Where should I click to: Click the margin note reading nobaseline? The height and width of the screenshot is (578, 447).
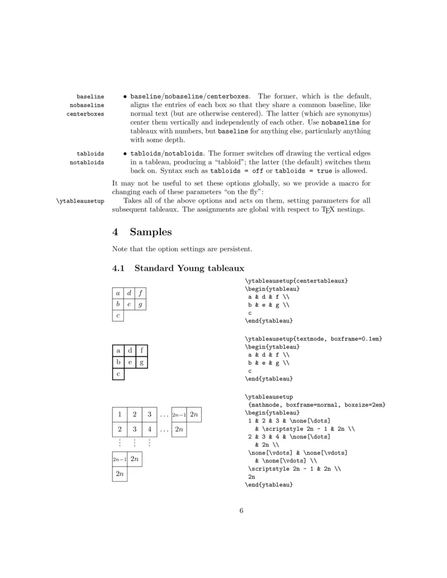point(87,105)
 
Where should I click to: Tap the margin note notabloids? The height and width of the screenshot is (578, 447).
point(87,162)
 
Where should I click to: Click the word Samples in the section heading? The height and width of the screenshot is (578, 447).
point(151,231)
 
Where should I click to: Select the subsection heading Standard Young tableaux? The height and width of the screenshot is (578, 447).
point(189,268)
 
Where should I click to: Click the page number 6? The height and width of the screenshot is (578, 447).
point(241,510)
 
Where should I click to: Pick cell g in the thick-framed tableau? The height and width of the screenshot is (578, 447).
point(141,362)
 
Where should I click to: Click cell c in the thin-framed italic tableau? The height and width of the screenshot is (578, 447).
point(118,316)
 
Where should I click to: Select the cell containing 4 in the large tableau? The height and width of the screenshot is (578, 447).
point(149,429)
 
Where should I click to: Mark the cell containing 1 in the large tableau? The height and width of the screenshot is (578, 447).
point(120,414)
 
